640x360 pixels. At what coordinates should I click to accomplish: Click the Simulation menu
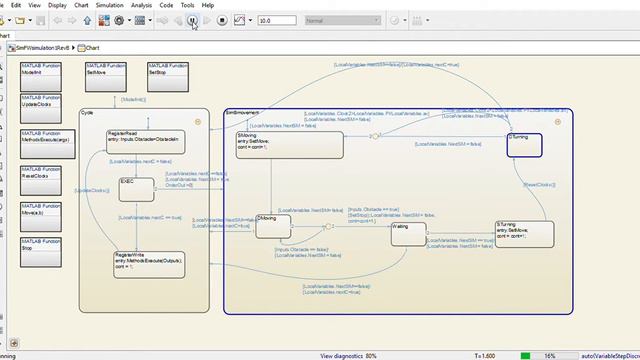point(111,5)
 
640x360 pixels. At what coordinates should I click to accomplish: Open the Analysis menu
point(142,5)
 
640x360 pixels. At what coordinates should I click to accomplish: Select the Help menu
point(207,5)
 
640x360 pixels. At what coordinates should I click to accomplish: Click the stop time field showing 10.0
point(275,20)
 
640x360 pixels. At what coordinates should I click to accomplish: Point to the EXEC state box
point(136,188)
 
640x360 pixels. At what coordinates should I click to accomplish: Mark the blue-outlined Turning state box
point(524,145)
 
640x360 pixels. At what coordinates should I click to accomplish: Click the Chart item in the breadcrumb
point(93,47)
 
